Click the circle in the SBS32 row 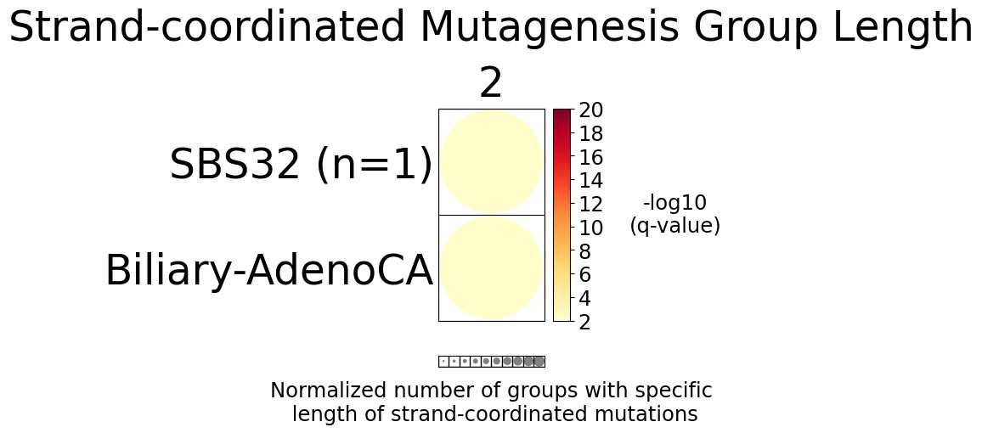point(491,161)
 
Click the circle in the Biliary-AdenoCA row point(491,267)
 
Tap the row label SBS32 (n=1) point(301,165)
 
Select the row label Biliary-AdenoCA point(268,272)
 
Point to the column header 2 point(491,84)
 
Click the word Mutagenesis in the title point(542,27)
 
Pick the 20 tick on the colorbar point(591,110)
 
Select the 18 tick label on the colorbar point(591,134)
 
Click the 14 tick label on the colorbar point(591,181)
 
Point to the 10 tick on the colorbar point(591,228)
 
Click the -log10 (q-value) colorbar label point(674,214)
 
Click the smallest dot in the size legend point(443,361)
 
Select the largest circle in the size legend point(539,361)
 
